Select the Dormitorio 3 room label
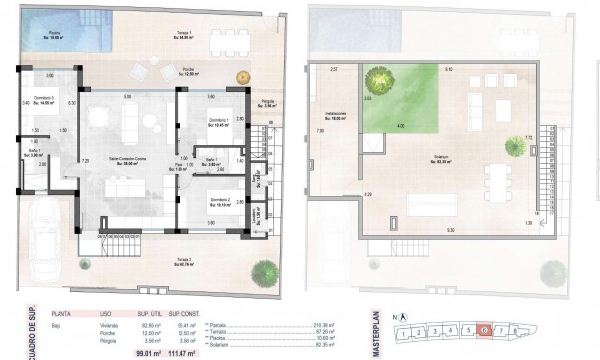pos(42,102)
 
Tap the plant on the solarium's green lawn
pos(377,79)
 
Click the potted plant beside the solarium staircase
pos(514,147)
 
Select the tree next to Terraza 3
pos(265,270)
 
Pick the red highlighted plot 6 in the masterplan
pos(482,331)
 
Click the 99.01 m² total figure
pos(147,352)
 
